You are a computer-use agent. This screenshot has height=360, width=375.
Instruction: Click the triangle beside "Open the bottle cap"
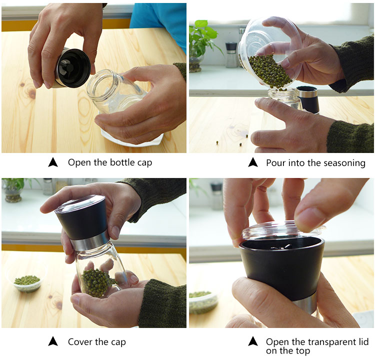tap(53, 162)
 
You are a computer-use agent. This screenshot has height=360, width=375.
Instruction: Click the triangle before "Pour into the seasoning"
tap(253, 162)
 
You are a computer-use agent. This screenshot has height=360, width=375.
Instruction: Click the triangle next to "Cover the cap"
tap(53, 341)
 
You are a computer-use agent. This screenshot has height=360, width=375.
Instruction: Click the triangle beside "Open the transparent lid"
tap(253, 341)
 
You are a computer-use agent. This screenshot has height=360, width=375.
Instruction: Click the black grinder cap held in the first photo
tap(72, 68)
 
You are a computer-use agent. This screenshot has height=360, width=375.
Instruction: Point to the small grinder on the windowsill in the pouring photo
tap(231, 55)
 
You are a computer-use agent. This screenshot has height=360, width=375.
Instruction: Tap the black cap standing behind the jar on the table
tap(308, 99)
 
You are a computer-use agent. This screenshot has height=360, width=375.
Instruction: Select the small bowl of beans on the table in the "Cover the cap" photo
tap(27, 283)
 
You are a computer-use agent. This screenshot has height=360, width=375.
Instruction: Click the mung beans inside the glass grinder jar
tap(96, 282)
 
